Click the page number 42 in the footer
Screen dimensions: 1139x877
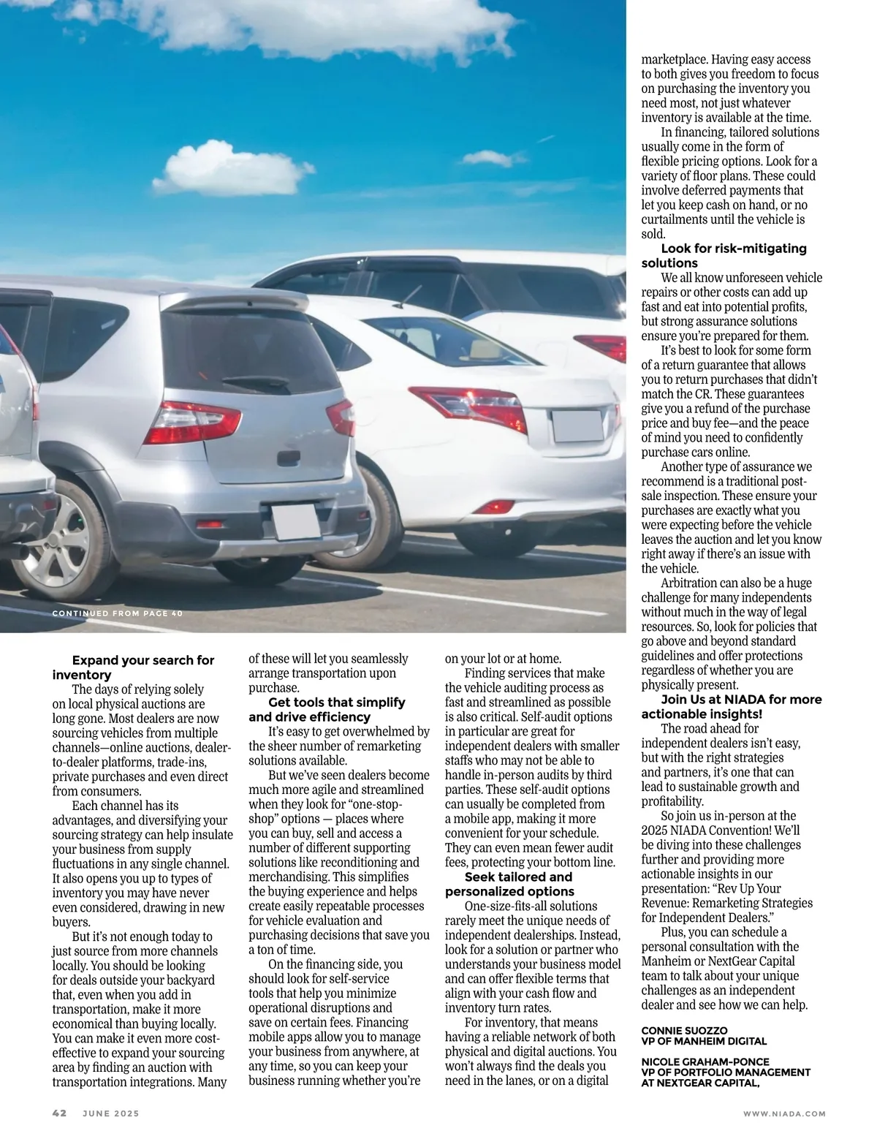[59, 1113]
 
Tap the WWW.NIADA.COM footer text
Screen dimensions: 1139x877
[784, 1113]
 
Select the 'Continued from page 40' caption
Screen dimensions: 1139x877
[117, 613]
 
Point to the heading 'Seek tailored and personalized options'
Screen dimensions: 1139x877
[510, 884]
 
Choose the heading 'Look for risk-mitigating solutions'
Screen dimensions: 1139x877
[724, 256]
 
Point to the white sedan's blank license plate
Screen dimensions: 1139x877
[577, 426]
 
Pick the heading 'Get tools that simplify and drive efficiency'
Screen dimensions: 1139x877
[327, 709]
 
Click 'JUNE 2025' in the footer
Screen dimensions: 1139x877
[110, 1113]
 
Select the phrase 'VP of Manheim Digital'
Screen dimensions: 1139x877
[704, 1041]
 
